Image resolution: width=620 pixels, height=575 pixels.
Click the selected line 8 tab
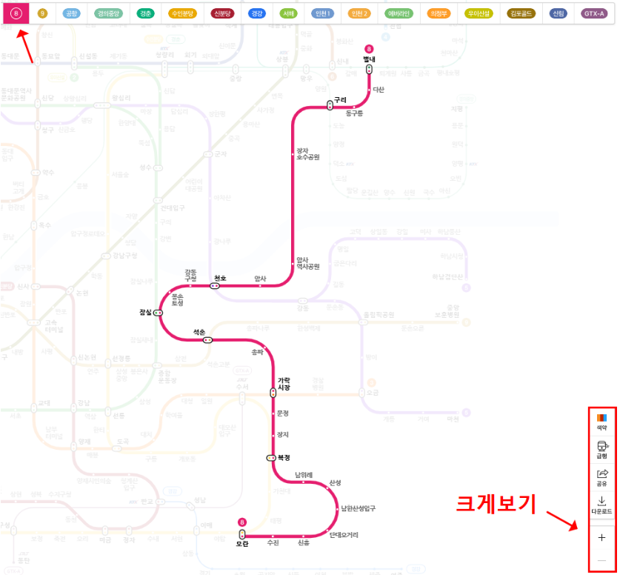pyautogui.click(x=16, y=13)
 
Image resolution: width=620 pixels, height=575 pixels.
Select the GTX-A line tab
pyautogui.click(x=594, y=13)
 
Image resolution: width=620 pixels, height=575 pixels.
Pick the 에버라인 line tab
pyautogui.click(x=399, y=13)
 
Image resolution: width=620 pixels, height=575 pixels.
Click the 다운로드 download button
pyautogui.click(x=601, y=505)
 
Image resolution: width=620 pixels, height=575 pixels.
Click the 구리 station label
pyautogui.click(x=340, y=99)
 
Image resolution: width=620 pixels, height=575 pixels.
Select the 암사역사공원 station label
pyautogui.click(x=307, y=263)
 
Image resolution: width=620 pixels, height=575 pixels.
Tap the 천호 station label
pyautogui.click(x=220, y=278)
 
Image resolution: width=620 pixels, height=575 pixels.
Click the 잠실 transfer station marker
pyautogui.click(x=158, y=313)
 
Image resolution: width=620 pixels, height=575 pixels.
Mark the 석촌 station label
pyautogui.click(x=199, y=332)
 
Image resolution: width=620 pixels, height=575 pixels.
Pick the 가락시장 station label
pyautogui.click(x=284, y=384)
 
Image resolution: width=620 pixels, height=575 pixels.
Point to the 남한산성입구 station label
pyautogui.click(x=359, y=508)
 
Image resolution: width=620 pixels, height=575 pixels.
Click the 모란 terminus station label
pyautogui.click(x=242, y=545)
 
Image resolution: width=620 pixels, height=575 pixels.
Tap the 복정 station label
pyautogui.click(x=283, y=457)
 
